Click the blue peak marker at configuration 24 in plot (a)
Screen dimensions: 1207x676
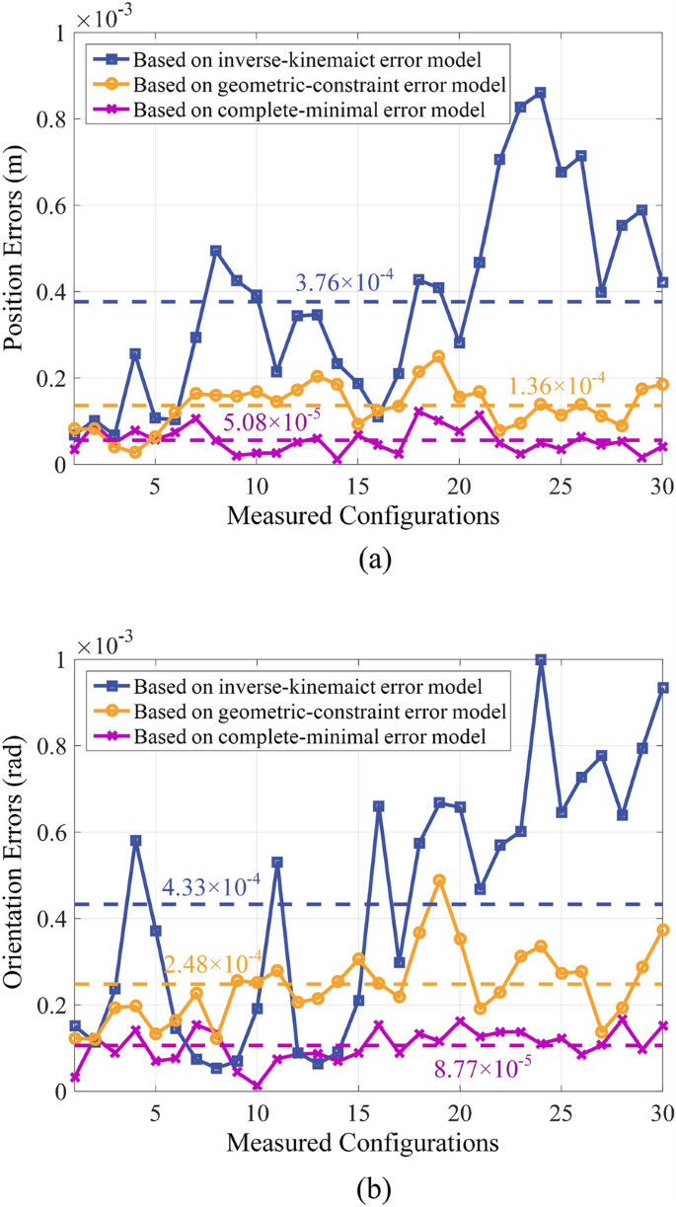[x=540, y=93]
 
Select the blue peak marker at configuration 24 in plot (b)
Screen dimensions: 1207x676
[x=540, y=660]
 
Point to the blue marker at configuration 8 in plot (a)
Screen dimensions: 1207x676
[x=216, y=251]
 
